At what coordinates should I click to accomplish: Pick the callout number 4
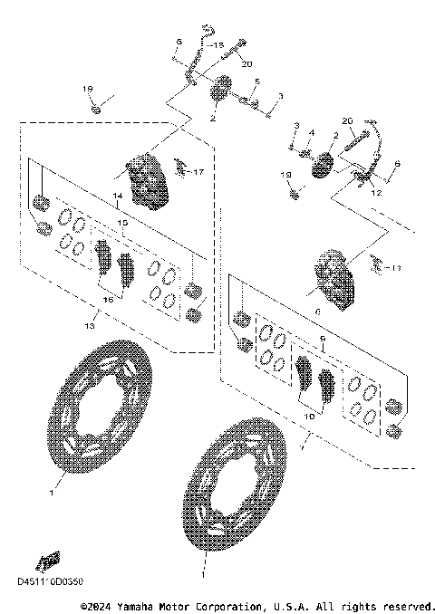(x=310, y=132)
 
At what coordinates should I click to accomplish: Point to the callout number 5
(x=256, y=82)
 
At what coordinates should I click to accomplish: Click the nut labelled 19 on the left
(x=95, y=110)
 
